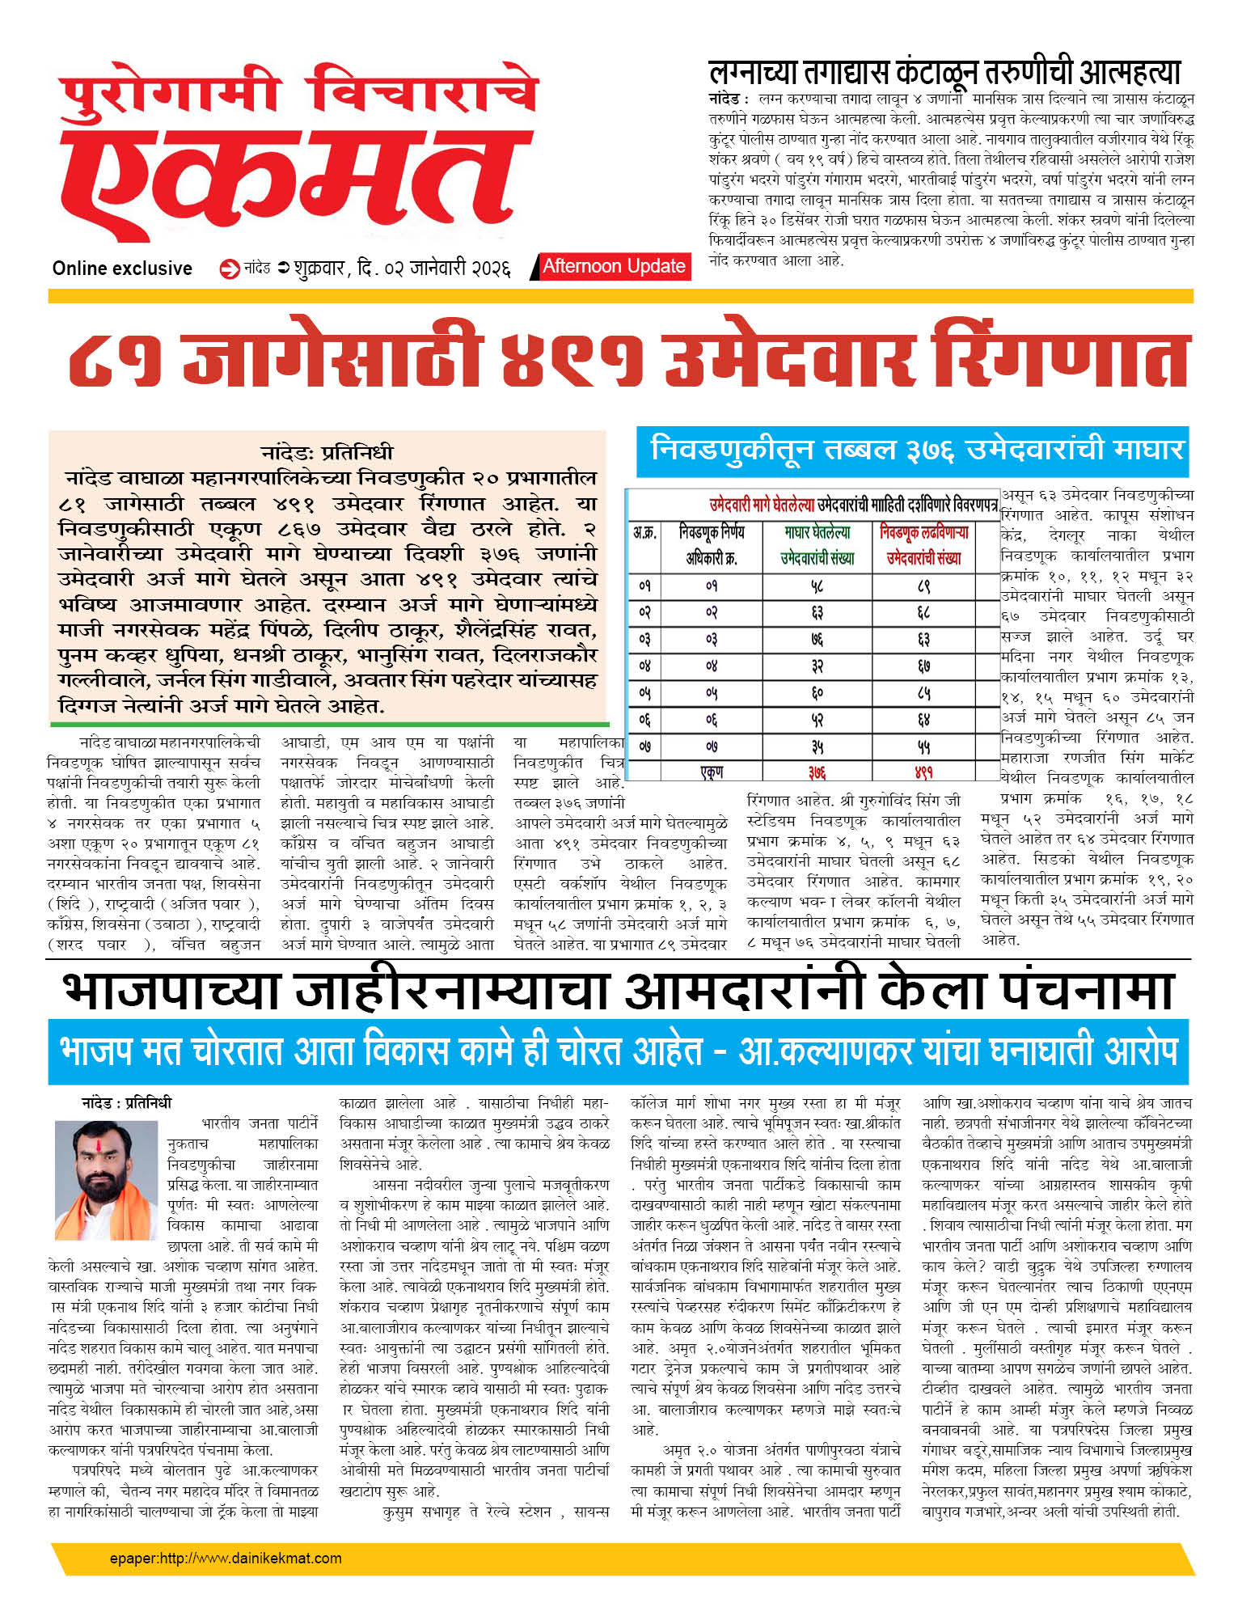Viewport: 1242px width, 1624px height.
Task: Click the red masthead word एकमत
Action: tap(287, 174)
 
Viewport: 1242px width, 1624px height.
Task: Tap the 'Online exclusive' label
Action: tap(122, 269)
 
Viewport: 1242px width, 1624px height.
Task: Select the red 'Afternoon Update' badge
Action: tap(613, 266)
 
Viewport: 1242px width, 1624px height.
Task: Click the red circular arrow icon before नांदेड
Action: tap(230, 269)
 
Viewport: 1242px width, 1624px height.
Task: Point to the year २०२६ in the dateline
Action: tap(490, 269)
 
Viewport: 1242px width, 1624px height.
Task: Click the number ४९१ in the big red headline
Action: tap(572, 359)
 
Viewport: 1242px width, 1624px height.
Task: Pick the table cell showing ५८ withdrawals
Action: tap(817, 586)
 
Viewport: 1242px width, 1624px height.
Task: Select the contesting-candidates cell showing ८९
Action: tap(923, 586)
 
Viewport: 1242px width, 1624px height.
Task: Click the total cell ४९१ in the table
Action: tap(923, 772)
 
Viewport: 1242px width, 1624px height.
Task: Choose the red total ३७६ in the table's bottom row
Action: tap(817, 772)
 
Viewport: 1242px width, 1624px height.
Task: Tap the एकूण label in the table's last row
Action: tap(711, 772)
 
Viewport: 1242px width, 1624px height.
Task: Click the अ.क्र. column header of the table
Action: tap(644, 534)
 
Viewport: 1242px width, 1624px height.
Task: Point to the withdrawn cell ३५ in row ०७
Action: tap(817, 746)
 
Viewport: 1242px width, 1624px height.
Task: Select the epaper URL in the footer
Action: tap(226, 1558)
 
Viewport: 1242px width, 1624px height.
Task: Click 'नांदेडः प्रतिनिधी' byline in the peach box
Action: tap(327, 452)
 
